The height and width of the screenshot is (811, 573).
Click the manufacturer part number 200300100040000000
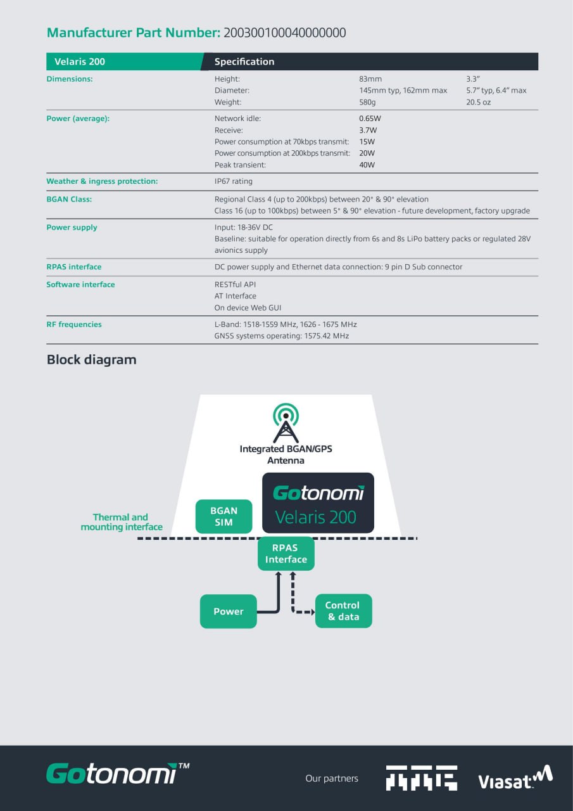284,32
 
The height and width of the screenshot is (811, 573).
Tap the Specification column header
244,61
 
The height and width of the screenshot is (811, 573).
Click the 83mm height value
370,79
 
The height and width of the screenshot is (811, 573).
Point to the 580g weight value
367,102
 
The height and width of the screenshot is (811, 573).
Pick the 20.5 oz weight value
478,102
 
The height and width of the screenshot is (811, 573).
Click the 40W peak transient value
367,165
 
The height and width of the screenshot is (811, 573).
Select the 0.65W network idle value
370,118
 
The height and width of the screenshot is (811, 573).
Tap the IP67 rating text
233,181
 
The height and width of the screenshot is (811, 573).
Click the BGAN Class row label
69,199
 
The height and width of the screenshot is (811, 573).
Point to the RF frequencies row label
74,324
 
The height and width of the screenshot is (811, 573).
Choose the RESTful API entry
235,284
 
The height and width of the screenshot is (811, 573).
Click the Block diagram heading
91,360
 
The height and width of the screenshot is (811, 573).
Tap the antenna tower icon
286,423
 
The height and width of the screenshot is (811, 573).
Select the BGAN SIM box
224,516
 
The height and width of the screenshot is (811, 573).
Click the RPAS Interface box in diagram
286,553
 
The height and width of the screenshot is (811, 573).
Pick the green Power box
228,611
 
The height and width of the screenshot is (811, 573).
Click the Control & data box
343,611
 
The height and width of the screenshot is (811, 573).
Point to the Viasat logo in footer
515,778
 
